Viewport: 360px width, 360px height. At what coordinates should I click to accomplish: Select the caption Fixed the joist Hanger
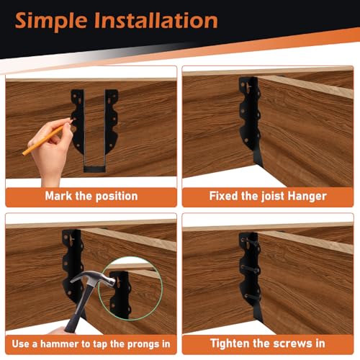coord(267,195)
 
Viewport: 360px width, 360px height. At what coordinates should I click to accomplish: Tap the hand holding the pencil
coord(58,151)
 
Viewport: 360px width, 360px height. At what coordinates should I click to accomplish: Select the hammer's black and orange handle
coord(76,317)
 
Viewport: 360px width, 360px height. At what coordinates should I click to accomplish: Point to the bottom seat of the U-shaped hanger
coord(94,168)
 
